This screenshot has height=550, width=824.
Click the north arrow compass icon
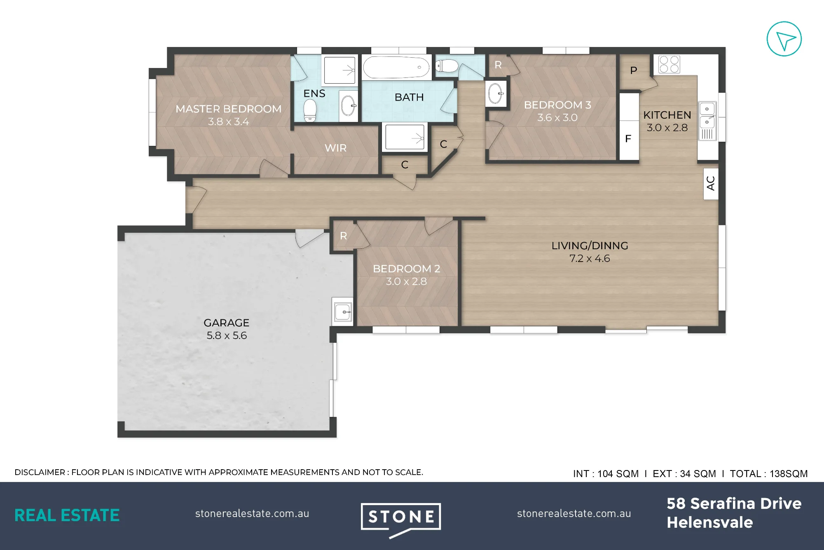(784, 39)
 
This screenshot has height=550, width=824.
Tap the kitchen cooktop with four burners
(669, 64)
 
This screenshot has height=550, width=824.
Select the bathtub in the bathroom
(396, 67)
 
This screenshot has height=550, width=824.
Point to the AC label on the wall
(711, 183)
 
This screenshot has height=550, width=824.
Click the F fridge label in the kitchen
(628, 139)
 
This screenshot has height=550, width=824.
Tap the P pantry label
(634, 70)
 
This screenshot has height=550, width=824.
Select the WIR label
(335, 148)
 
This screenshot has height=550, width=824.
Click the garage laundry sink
(343, 312)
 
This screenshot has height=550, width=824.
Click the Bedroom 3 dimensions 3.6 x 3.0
(557, 118)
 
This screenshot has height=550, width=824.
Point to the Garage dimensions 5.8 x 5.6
(227, 335)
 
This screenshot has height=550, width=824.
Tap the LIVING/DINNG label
(590, 246)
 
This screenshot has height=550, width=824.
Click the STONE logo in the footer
(401, 519)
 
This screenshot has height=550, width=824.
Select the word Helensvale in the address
(710, 522)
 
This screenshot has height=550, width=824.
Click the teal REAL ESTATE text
(67, 515)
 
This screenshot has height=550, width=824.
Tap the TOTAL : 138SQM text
(769, 474)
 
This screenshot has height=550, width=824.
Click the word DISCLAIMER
(40, 472)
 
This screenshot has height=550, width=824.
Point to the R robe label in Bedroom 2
(344, 236)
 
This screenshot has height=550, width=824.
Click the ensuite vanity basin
(349, 105)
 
